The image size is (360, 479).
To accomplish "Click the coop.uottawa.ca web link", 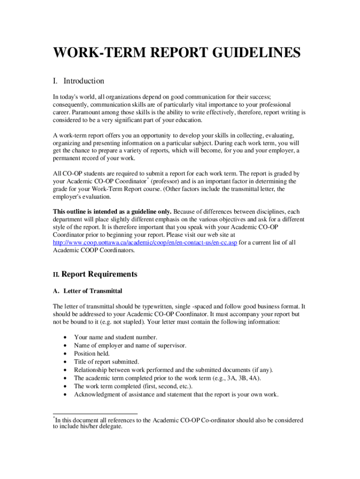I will click(x=145, y=242).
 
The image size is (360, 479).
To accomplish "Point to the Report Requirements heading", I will click(x=99, y=274).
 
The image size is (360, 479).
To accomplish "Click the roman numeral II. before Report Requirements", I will click(x=56, y=275).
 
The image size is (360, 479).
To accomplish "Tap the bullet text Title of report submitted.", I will click(x=107, y=362).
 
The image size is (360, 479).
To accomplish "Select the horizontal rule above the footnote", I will click(x=95, y=414).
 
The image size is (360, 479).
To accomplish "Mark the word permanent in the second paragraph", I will click(x=69, y=158).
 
